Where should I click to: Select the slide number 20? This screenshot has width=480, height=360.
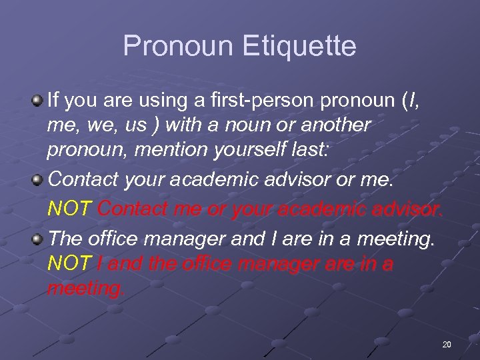[447, 344]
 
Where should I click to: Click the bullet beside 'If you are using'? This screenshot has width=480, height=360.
[39, 101]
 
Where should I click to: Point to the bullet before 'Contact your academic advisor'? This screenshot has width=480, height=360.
[39, 179]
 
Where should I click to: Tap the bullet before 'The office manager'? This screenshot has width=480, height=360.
[39, 236]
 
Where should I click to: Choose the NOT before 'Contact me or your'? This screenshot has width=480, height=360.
[70, 209]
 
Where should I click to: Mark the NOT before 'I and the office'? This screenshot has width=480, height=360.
[70, 264]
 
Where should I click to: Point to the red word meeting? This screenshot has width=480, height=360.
[86, 289]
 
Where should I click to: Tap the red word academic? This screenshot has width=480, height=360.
[320, 209]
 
